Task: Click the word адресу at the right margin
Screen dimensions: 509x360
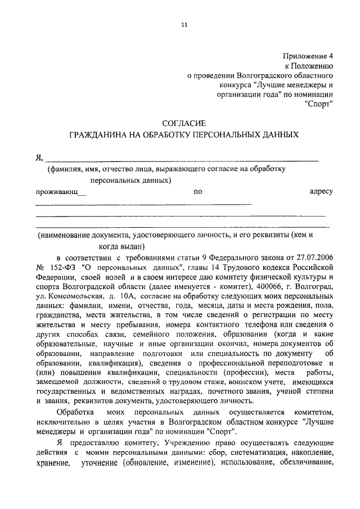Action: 321,192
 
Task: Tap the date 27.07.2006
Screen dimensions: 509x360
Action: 315,257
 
